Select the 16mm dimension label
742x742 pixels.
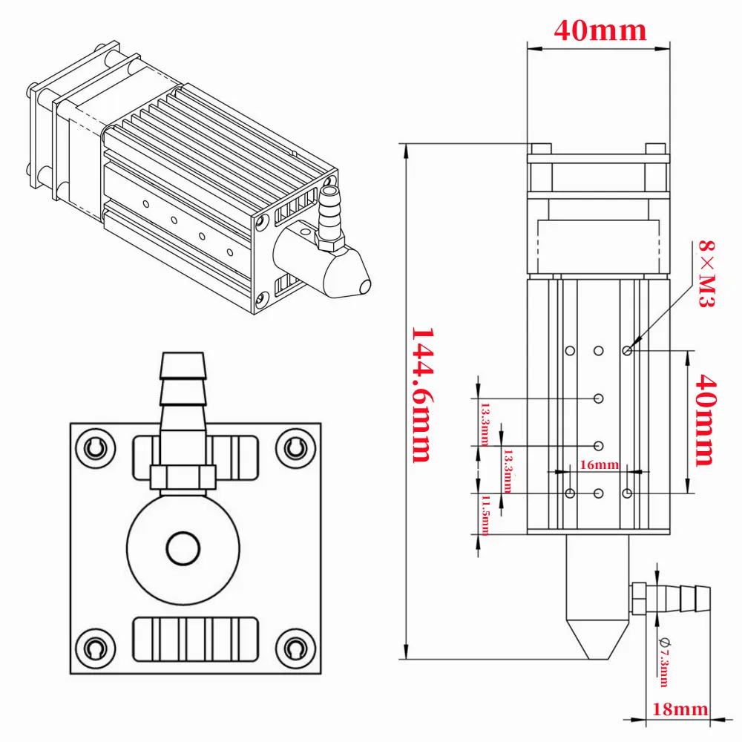tap(598, 465)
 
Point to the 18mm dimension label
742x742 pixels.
tap(680, 709)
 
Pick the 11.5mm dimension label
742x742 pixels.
tap(485, 515)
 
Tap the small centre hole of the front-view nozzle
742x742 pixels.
tap(183, 548)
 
